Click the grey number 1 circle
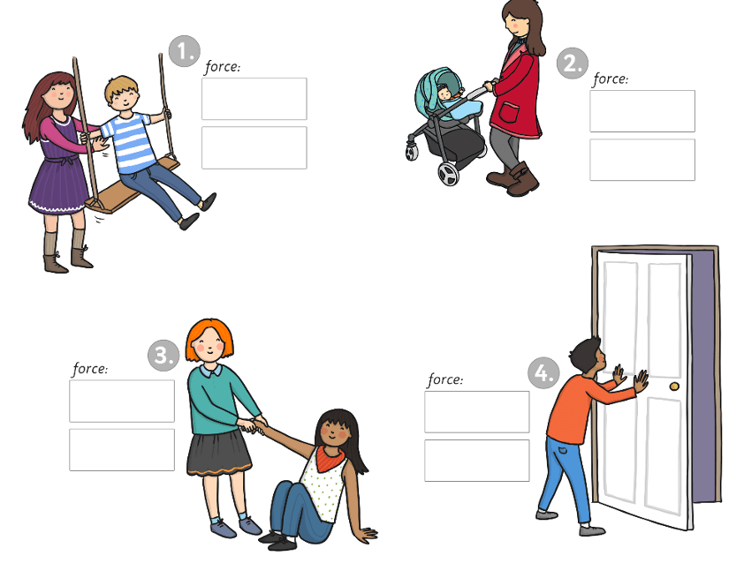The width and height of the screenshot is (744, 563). (185, 50)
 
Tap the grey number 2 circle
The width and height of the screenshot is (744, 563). (573, 63)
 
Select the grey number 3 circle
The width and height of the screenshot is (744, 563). (163, 356)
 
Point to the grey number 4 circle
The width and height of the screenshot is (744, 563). (543, 373)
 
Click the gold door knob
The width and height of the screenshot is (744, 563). (674, 387)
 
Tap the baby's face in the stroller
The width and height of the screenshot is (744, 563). (445, 94)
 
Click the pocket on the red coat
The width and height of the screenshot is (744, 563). (509, 113)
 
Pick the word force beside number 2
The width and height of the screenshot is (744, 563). (611, 79)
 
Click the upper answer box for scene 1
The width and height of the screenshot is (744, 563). (254, 99)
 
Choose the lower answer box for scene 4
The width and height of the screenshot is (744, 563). (477, 461)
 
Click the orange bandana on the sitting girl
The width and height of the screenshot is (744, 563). (330, 458)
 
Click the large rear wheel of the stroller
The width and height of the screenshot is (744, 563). (448, 174)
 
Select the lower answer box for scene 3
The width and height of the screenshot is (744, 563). (122, 450)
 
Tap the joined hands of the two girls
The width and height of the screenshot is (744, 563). (252, 424)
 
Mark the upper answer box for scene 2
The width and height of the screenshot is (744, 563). (642, 111)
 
